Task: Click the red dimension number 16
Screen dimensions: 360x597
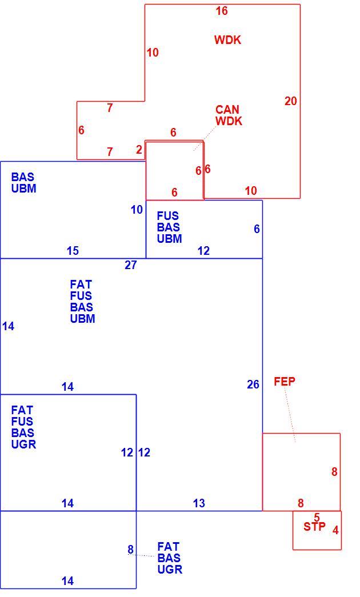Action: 222,11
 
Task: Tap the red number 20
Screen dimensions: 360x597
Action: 291,101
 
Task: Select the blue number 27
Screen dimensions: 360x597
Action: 131,265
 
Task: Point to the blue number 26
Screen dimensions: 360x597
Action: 253,384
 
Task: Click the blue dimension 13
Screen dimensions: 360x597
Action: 199,503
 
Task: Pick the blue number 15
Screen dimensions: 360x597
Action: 73,251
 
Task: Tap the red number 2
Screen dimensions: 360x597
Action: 139,150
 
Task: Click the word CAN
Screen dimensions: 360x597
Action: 227,110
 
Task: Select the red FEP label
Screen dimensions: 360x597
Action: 285,382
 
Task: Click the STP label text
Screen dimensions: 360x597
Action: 315,527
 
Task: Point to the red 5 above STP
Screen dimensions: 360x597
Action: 317,518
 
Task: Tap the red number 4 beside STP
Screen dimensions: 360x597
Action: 335,530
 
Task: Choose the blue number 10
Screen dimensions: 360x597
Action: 137,210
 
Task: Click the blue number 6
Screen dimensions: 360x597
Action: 257,229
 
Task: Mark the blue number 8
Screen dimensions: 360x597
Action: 131,550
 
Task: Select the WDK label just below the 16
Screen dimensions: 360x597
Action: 228,40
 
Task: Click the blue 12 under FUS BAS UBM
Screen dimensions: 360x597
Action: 204,251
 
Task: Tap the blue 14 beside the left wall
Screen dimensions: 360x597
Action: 8,326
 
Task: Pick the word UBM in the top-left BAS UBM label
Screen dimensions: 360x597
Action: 23,189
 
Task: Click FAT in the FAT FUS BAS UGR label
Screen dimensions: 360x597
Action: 22,410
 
